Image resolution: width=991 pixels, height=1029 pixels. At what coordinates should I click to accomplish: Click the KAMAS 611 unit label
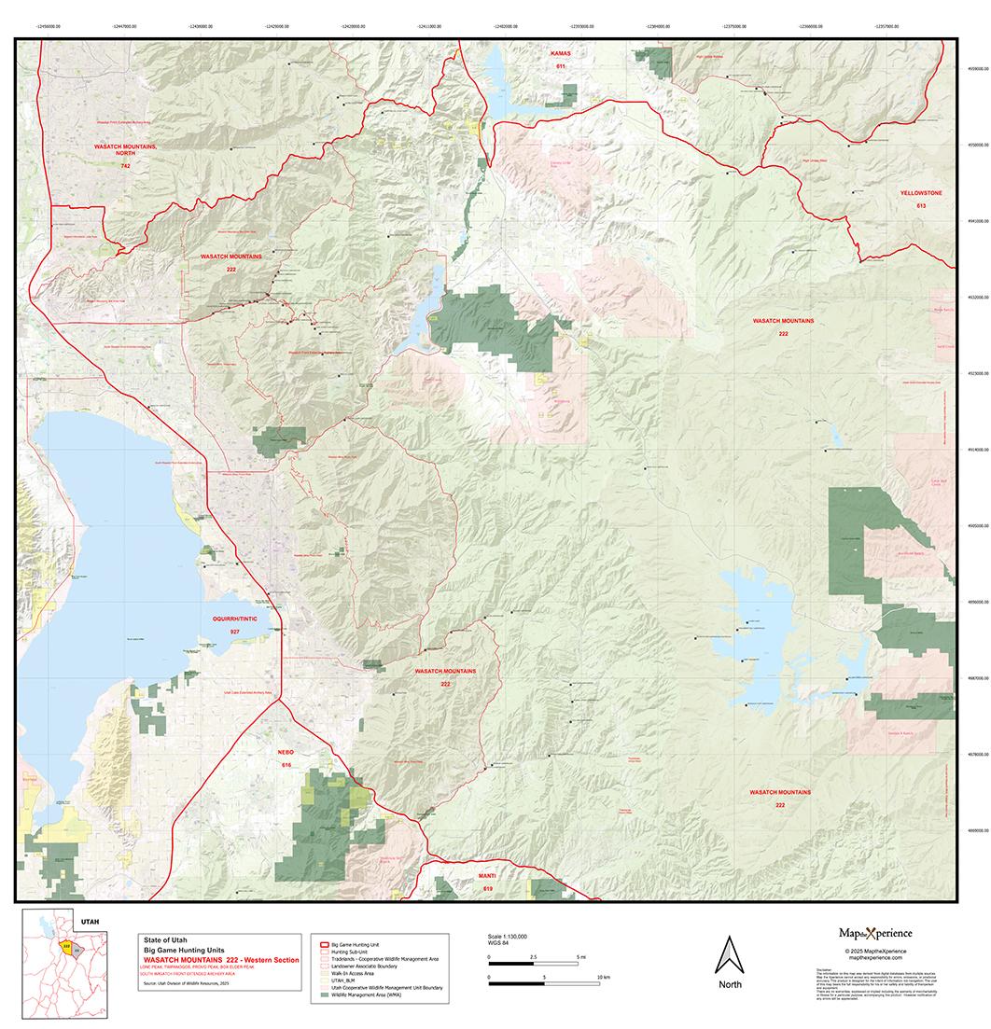tap(560, 61)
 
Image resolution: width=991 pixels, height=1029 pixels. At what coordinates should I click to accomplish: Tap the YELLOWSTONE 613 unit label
tap(921, 198)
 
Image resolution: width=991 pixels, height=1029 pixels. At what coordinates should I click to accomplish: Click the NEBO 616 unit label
tap(286, 757)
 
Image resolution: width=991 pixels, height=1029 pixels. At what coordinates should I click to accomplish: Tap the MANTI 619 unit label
tap(487, 883)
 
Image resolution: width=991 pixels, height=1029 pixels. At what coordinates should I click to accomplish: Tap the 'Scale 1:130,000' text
tap(508, 935)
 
